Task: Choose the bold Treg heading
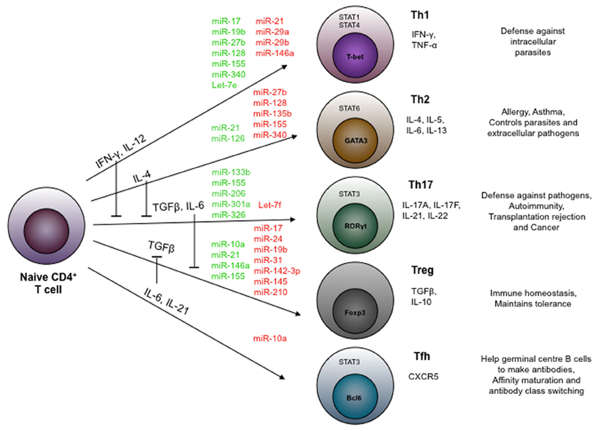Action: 423,271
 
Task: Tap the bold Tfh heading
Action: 421,355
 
